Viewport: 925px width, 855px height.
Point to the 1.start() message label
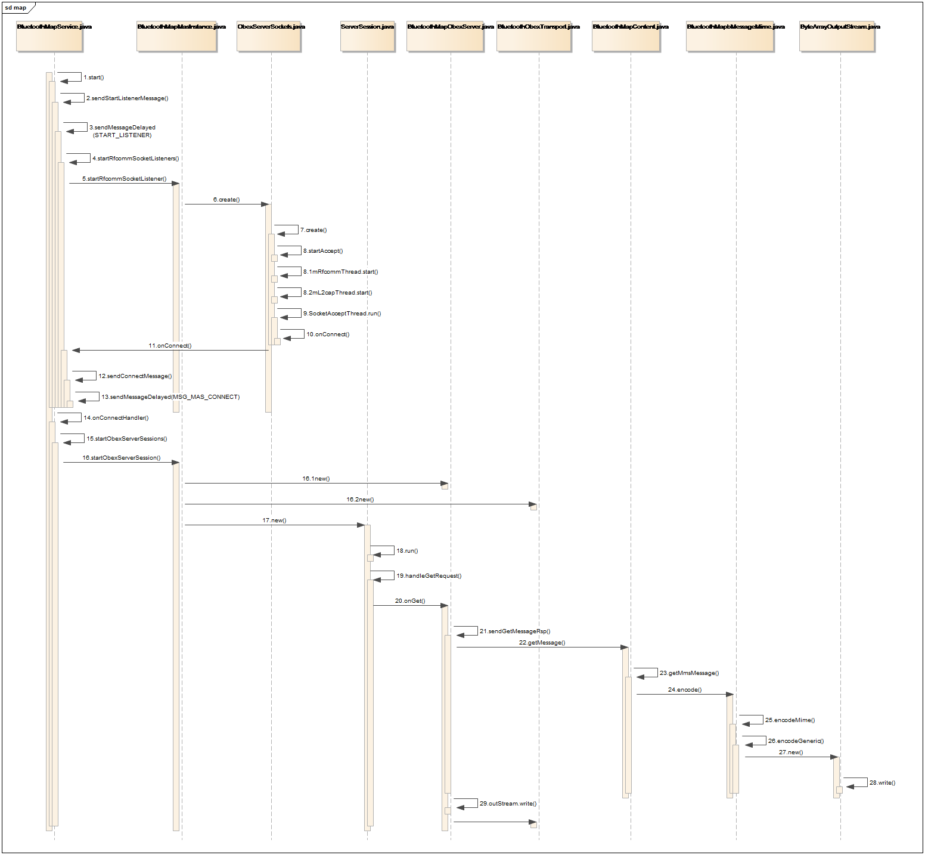pyautogui.click(x=94, y=78)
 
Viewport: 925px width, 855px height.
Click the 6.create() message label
pyautogui.click(x=226, y=200)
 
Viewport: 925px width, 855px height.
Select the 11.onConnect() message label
pyautogui.click(x=170, y=346)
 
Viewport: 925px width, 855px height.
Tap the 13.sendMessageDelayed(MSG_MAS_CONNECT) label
pyautogui.click(x=170, y=397)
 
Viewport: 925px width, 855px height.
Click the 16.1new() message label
pyautogui.click(x=316, y=479)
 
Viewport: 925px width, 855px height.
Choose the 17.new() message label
pyautogui.click(x=274, y=521)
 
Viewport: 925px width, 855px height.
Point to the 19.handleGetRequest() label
pyautogui.click(x=429, y=576)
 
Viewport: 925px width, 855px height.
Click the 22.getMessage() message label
pyautogui.click(x=542, y=643)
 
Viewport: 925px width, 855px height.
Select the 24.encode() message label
pyautogui.click(x=685, y=690)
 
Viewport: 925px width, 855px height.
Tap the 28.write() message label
pyautogui.click(x=882, y=783)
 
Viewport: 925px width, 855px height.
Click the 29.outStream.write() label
pyautogui.click(x=508, y=804)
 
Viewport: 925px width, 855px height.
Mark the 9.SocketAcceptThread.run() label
pyautogui.click(x=342, y=314)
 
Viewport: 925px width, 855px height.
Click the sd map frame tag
pyautogui.click(x=17, y=8)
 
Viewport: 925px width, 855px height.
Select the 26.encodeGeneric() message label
pyautogui.click(x=796, y=741)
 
